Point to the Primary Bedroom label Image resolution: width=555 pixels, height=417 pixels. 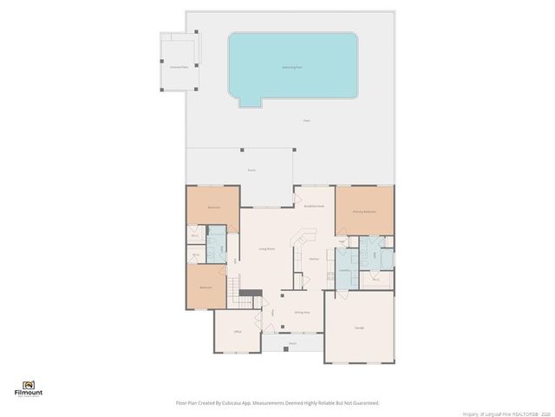[363, 211]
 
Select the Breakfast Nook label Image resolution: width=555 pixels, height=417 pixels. [314, 206]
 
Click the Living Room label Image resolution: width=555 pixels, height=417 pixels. [266, 248]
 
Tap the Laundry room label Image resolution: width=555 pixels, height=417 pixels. [344, 270]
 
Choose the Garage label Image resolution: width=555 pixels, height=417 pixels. [359, 328]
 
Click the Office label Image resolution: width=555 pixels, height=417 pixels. [236, 332]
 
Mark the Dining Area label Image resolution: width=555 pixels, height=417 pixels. [301, 312]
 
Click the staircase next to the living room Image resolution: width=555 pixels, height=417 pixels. [233, 292]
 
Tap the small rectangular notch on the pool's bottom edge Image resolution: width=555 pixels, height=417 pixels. [250, 103]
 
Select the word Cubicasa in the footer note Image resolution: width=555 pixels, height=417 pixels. [246, 403]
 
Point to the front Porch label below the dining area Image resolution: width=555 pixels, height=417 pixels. [292, 343]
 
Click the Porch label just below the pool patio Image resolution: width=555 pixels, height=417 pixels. [251, 171]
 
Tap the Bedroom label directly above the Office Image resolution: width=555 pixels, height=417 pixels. [206, 287]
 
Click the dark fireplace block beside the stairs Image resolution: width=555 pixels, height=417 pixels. [250, 292]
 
